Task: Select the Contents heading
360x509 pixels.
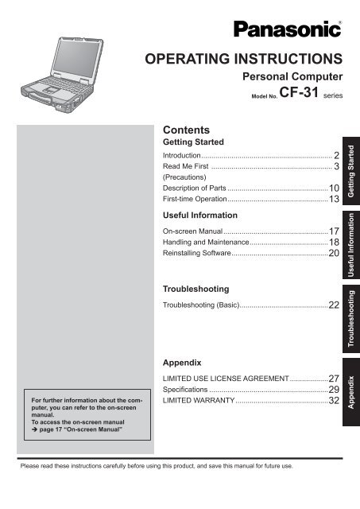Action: point(185,128)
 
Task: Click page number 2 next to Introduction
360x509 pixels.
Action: point(337,155)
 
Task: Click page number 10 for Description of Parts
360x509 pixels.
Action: point(334,188)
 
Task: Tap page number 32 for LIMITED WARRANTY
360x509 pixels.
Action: point(334,402)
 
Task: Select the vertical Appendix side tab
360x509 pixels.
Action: point(350,394)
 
